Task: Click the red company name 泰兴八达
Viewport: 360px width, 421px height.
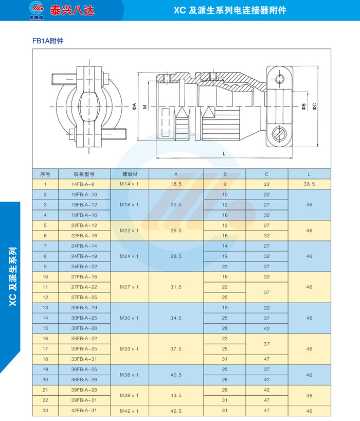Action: pyautogui.click(x=72, y=10)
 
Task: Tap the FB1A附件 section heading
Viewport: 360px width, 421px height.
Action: pyautogui.click(x=48, y=41)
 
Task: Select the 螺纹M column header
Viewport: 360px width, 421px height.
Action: pyautogui.click(x=130, y=174)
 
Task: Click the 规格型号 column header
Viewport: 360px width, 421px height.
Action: pyautogui.click(x=84, y=174)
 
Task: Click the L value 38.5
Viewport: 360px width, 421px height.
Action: pyautogui.click(x=309, y=184)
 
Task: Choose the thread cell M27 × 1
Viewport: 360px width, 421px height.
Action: pyautogui.click(x=129, y=287)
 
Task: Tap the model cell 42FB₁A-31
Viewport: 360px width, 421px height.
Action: pyautogui.click(x=84, y=411)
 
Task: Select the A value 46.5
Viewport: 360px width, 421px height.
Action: pyautogui.click(x=176, y=411)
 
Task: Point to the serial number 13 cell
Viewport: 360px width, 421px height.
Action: pyautogui.click(x=45, y=308)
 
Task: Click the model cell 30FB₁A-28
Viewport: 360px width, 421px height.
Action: pyautogui.click(x=84, y=328)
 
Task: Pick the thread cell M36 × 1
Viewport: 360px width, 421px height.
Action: pyautogui.click(x=129, y=375)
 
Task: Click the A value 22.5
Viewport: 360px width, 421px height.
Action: pyautogui.click(x=176, y=205)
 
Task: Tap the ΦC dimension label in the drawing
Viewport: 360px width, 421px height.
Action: pyautogui.click(x=314, y=107)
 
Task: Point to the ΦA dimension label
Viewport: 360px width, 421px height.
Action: pyautogui.click(x=134, y=107)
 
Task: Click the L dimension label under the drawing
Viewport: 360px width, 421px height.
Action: pyautogui.click(x=224, y=154)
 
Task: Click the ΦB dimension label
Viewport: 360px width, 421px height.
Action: pyautogui.click(x=303, y=107)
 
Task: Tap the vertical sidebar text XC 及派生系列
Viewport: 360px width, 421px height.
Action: pyautogui.click(x=13, y=276)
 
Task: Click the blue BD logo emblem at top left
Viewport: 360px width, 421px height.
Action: pyautogui.click(x=37, y=10)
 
